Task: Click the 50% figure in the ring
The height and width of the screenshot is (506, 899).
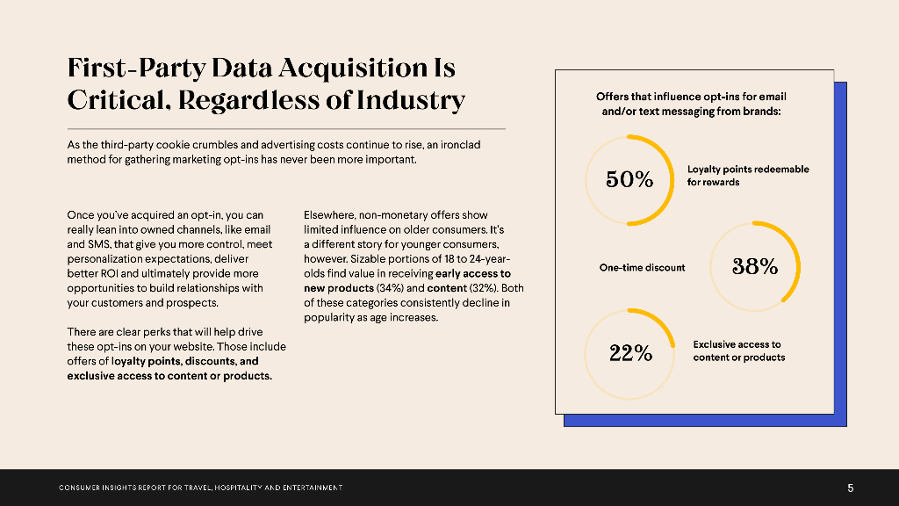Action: pos(629,180)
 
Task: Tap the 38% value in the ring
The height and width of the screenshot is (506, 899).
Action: pos(755,267)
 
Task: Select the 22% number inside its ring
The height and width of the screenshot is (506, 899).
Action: pos(630,354)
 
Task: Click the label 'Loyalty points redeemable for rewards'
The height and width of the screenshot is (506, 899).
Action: pos(748,176)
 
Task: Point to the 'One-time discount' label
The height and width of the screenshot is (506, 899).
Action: pos(642,267)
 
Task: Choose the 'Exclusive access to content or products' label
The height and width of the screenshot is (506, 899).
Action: pos(738,351)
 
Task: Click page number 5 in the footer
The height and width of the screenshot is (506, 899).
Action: pos(850,488)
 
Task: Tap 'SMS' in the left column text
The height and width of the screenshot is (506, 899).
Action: pos(97,243)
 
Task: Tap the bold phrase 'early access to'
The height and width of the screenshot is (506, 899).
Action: pos(472,273)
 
